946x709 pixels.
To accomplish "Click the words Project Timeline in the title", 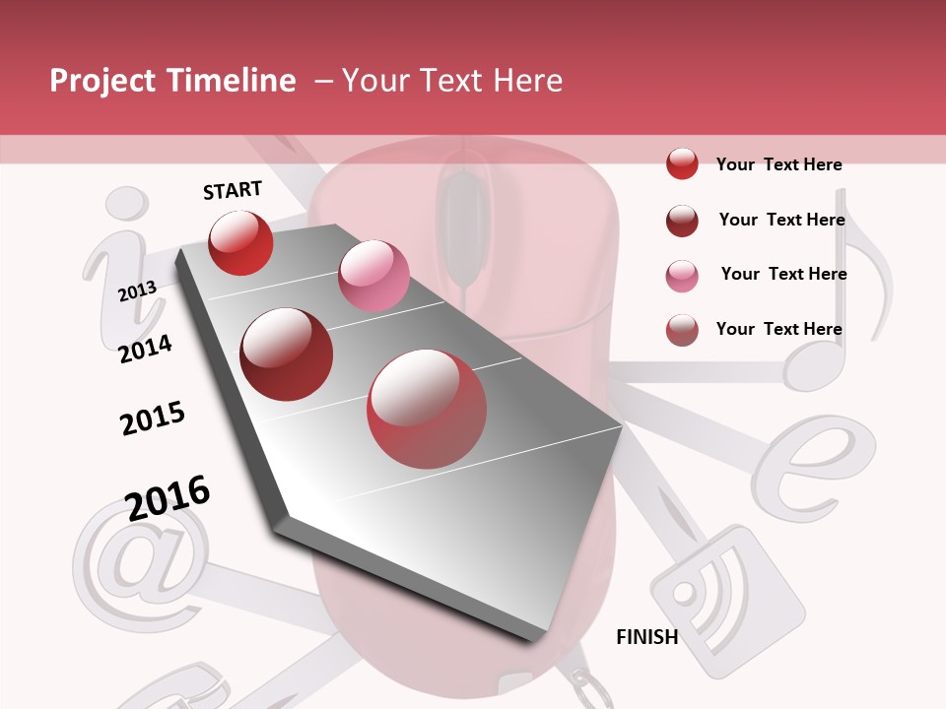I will pos(172,81).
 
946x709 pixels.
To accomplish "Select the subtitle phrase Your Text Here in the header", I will pos(452,81).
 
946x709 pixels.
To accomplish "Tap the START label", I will pos(233,190).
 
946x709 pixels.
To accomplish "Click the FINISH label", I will pos(646,637).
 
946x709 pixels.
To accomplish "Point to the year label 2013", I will pos(137,290).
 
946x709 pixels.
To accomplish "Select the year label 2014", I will pos(145,349).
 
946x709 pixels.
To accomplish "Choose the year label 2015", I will pos(153,418).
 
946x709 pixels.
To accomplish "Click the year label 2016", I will pos(168,497).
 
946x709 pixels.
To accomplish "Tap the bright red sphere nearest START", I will pos(240,242).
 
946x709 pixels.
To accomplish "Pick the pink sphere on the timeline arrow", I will pos(373,276).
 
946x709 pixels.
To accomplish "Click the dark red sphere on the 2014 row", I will pos(287,354).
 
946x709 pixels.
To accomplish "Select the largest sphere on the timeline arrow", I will pos(426,409).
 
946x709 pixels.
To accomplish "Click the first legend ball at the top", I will pos(682,163).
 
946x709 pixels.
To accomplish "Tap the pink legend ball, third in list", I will pos(682,276).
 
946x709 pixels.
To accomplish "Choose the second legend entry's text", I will pos(781,220).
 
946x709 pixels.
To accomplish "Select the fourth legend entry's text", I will pos(778,329).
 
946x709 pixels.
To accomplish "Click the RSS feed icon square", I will pos(726,601).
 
